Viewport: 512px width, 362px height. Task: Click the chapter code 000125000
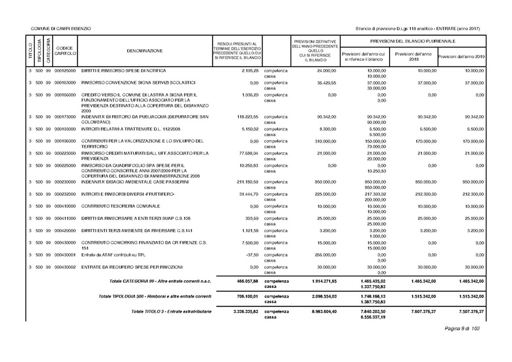[66, 70]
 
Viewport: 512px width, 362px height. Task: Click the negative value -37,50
[250, 254]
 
